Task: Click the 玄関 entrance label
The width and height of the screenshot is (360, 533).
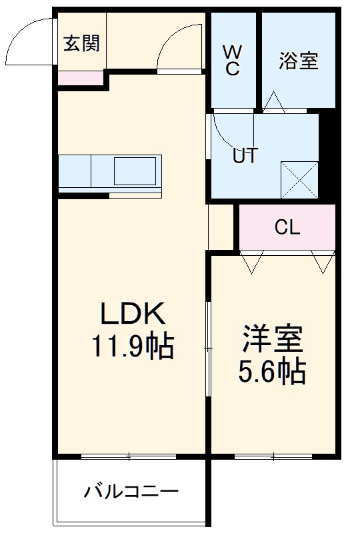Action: tap(81, 44)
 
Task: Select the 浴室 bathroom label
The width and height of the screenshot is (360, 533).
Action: tap(298, 61)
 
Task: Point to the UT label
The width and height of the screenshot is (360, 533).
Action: tap(245, 155)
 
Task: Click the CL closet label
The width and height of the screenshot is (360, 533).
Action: tap(288, 228)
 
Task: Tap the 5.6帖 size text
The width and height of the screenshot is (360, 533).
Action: tap(273, 372)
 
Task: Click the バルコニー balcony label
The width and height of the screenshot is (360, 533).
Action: tap(131, 493)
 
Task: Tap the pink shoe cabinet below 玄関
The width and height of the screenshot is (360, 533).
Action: tap(81, 78)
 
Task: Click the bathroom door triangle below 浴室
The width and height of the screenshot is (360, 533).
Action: tap(274, 101)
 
